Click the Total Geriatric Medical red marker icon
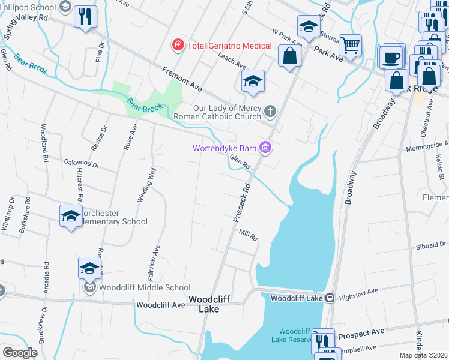pyautogui.click(x=178, y=45)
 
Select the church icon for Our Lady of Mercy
pyautogui.click(x=271, y=111)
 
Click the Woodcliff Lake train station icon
pyautogui.click(x=330, y=298)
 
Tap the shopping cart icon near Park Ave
pyautogui.click(x=350, y=45)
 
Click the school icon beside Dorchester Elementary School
pyautogui.click(x=71, y=216)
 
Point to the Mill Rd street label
pyautogui.click(x=248, y=235)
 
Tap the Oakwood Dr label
pyautogui.click(x=81, y=163)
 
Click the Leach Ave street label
pyautogui.click(x=233, y=60)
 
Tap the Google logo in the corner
pyautogui.click(x=20, y=353)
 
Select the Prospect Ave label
pyautogui.click(x=361, y=331)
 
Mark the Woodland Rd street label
pyautogui.click(x=44, y=143)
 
